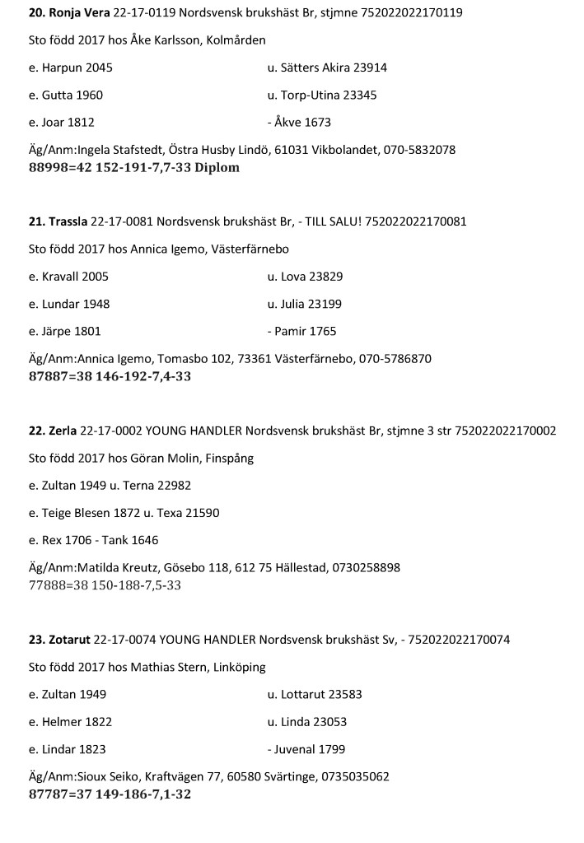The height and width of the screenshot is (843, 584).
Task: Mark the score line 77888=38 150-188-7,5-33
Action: (105, 585)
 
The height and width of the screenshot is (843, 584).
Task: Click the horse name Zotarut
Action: (68, 640)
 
